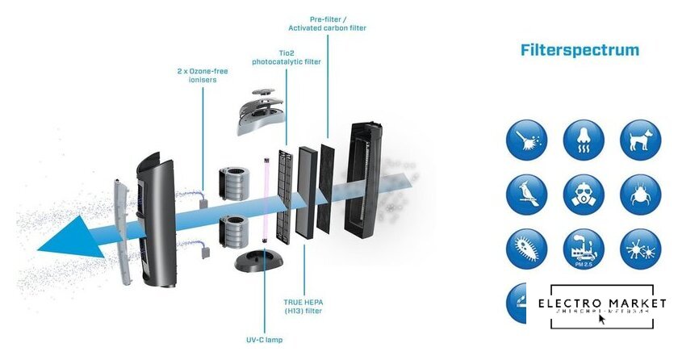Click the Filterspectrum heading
(x=580, y=51)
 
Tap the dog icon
(x=639, y=140)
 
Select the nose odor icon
(x=583, y=140)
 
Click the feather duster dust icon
(x=526, y=140)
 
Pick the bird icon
(x=526, y=195)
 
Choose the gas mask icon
(x=583, y=195)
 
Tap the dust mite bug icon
(x=639, y=195)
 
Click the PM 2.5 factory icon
(x=583, y=248)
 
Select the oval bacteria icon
(x=526, y=248)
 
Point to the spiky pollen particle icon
(x=639, y=248)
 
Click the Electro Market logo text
(x=601, y=303)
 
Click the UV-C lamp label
(x=263, y=340)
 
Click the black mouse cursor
(x=602, y=319)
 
